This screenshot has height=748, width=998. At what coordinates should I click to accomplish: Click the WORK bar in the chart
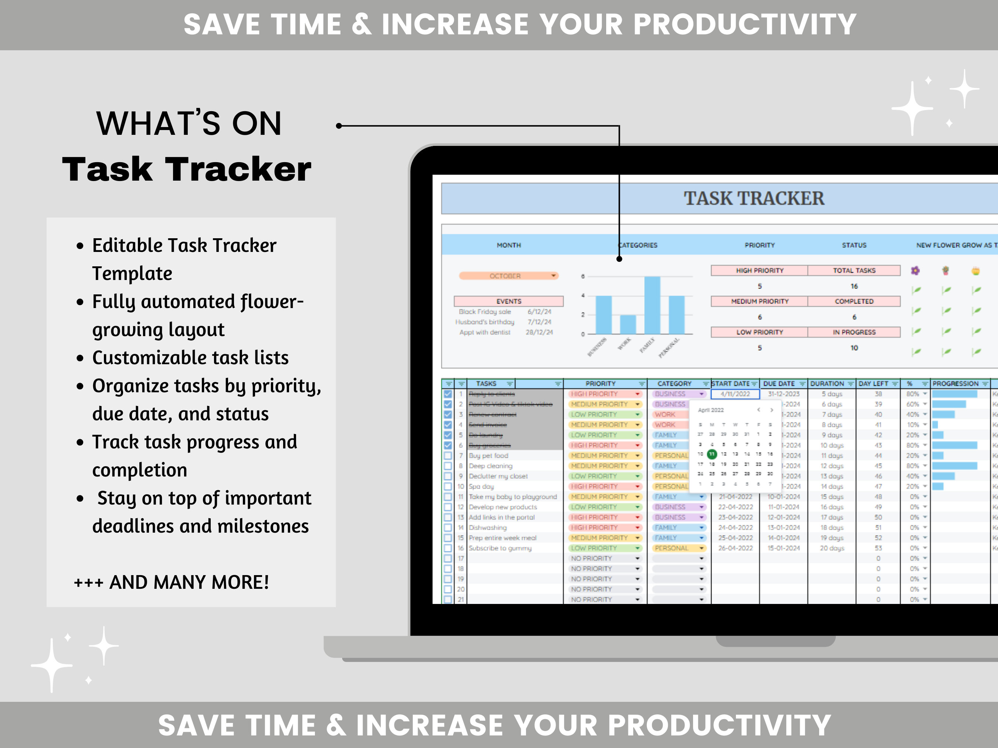click(x=628, y=324)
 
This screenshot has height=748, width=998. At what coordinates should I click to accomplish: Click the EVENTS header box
click(x=509, y=301)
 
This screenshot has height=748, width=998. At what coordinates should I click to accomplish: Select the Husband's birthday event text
click(x=485, y=322)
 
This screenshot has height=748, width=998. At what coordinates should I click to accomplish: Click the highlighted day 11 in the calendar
click(x=712, y=454)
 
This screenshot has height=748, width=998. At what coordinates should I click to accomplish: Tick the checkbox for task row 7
click(x=448, y=456)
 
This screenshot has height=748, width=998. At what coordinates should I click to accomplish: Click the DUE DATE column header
click(x=779, y=384)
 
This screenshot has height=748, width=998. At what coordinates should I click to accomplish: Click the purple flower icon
click(x=915, y=270)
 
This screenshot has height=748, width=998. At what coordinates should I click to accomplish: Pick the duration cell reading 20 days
click(x=832, y=548)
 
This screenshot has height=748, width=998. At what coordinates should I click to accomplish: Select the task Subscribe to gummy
click(x=500, y=548)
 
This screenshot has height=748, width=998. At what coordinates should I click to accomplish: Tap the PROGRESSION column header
click(x=955, y=384)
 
